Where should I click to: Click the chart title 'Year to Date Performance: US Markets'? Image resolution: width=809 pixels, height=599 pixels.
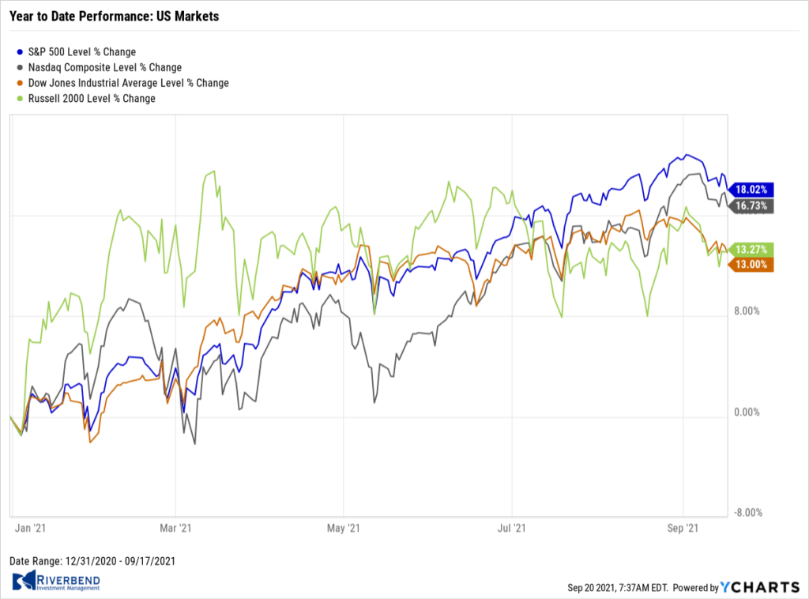[x=115, y=16]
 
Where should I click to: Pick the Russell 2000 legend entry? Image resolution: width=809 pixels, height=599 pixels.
[x=85, y=99]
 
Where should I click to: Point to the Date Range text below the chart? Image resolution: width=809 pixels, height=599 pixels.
[x=92, y=561]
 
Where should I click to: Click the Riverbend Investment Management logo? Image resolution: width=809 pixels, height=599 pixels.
[x=56, y=582]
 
